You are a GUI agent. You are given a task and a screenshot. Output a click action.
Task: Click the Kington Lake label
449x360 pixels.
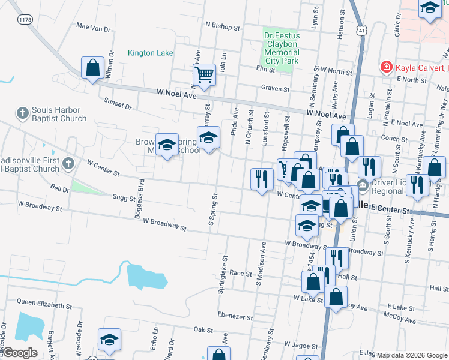coord(150,53)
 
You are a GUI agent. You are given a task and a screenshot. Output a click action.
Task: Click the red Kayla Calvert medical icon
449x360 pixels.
coord(387,67)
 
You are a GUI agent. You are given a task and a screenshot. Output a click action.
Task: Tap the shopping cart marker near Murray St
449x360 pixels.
coord(204,75)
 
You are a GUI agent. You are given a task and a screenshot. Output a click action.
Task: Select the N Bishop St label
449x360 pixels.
coord(222,27)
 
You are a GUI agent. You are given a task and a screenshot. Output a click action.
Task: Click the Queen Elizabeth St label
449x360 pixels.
coord(44,304)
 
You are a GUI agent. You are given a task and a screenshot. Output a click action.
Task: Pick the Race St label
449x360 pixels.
coord(240,273)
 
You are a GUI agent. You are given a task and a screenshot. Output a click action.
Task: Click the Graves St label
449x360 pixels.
coord(275,89)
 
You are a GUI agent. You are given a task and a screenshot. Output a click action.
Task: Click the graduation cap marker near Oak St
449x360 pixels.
coord(109,340)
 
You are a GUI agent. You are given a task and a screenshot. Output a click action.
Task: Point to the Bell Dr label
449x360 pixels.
coord(60,188)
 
